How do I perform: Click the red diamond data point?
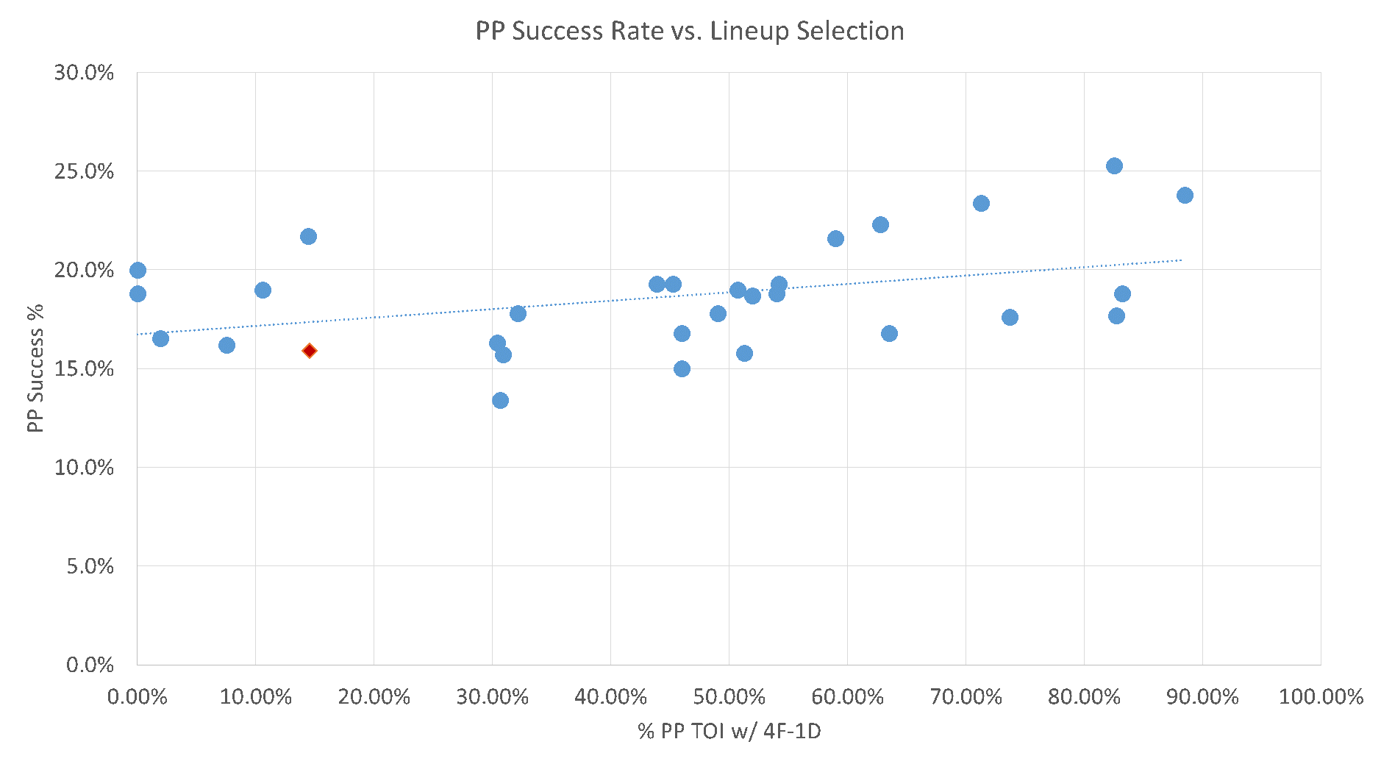coord(310,351)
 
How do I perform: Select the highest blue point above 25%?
coord(1114,165)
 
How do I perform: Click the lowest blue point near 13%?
coord(500,400)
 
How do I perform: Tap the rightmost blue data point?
coord(1185,195)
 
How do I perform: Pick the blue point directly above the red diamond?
coord(308,236)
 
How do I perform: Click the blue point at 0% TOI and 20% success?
coord(138,270)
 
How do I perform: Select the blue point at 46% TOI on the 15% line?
coord(682,368)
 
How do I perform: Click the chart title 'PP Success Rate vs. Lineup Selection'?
coord(690,31)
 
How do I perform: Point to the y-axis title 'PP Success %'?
coord(35,368)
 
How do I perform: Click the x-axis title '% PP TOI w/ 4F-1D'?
coord(729,731)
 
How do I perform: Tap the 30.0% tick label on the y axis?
coord(84,73)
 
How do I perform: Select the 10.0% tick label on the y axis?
coord(84,467)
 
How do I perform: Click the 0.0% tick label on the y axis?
coord(90,665)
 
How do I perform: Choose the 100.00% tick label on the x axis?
coord(1321,696)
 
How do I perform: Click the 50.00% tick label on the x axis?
coord(729,696)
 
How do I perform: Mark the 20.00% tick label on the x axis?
coord(374,696)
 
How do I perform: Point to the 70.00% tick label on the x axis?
coord(966,696)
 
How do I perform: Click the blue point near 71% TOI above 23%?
coord(981,203)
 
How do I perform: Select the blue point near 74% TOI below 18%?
coord(1010,317)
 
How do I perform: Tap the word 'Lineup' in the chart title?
coord(750,31)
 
